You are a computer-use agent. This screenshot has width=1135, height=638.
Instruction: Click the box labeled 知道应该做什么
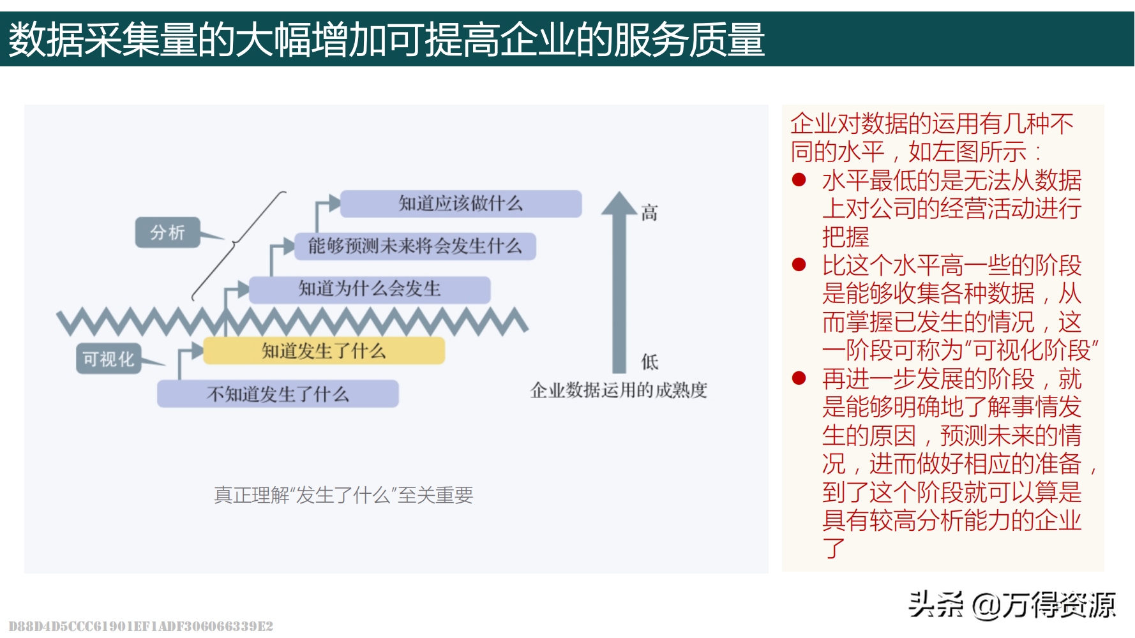(461, 204)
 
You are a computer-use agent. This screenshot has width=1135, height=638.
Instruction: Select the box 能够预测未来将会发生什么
(415, 246)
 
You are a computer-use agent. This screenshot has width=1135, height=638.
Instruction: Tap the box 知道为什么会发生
(370, 290)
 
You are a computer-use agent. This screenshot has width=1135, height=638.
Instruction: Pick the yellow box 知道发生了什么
(324, 351)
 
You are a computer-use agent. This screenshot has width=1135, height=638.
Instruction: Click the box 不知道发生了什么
(278, 394)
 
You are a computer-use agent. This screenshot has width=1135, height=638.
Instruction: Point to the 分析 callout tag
(168, 232)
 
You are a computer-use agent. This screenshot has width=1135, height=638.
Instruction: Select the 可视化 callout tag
(109, 359)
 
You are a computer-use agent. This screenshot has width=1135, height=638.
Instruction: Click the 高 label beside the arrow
(649, 213)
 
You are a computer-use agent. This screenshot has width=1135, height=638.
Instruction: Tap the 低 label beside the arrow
(649, 362)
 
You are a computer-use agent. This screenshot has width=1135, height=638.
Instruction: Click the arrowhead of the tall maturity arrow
(619, 203)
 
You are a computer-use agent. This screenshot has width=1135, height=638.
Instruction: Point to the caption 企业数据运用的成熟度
(619, 390)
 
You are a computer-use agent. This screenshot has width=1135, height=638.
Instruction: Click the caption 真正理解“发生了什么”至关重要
(343, 495)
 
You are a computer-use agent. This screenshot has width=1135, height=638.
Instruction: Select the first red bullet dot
(799, 180)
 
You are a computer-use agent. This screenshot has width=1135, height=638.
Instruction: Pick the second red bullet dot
(799, 264)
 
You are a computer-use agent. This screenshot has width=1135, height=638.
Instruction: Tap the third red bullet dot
(799, 378)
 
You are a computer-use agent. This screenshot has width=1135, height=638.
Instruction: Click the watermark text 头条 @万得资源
(1012, 605)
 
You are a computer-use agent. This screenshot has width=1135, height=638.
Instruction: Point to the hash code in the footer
(141, 626)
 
